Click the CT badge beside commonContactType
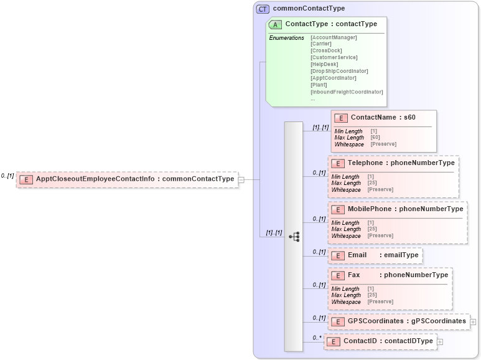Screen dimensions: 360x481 coord(262,9)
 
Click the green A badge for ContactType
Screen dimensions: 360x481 coord(275,24)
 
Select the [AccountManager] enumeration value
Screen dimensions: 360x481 coord(334,37)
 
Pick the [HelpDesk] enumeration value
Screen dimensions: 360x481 coord(324,64)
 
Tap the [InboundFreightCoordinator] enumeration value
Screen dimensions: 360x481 coord(347,92)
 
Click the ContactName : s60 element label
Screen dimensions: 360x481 coord(383,117)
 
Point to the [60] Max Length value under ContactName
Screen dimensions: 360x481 coord(375,138)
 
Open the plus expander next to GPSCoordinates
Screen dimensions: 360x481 coord(473,322)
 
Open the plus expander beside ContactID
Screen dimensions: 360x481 coord(440,341)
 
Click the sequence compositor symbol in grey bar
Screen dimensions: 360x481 coord(294,237)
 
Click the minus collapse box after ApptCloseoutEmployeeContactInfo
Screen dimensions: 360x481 coord(241,179)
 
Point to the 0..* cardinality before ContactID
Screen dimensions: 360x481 coord(317,338)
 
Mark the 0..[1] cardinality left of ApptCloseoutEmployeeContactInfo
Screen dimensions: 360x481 coord(7,176)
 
